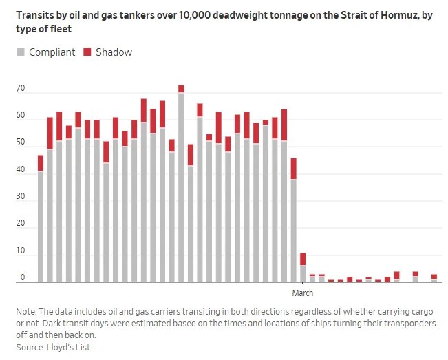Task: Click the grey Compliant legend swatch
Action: point(21,52)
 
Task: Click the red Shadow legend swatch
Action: point(87,52)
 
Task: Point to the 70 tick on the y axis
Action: point(21,89)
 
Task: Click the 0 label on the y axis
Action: point(23,278)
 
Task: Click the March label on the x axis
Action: point(303,293)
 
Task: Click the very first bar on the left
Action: point(41,219)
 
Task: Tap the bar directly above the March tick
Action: point(303,268)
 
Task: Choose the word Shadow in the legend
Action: point(114,52)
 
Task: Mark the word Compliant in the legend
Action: point(52,52)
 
